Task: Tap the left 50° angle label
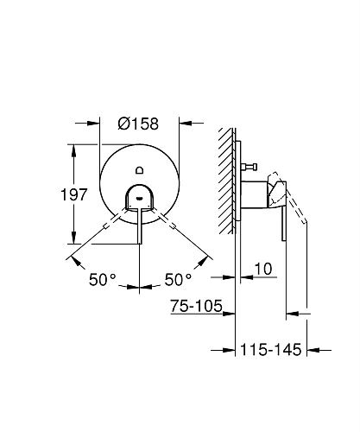click(x=102, y=281)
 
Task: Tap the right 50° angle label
click(x=178, y=281)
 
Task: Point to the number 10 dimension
click(x=263, y=271)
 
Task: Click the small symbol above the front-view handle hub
click(x=139, y=173)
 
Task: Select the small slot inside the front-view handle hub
click(x=139, y=197)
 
